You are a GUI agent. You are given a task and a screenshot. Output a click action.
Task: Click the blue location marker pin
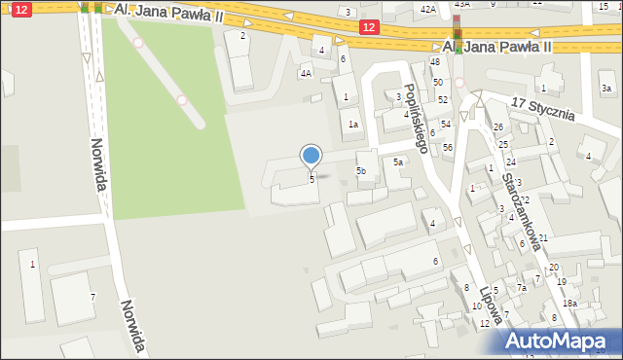(311, 156)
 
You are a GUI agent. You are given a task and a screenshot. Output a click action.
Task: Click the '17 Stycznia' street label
(544, 108)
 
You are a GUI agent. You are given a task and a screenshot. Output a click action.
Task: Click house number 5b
(361, 171)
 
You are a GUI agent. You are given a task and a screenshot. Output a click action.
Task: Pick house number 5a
(398, 162)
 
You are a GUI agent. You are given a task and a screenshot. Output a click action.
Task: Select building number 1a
(354, 125)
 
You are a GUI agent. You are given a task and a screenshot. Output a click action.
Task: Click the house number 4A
(306, 73)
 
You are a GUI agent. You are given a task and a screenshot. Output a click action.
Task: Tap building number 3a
(606, 89)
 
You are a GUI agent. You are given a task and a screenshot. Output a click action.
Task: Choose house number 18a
(569, 304)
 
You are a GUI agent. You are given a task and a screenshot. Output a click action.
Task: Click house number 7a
(522, 288)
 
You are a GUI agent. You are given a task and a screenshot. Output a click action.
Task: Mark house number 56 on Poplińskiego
(448, 147)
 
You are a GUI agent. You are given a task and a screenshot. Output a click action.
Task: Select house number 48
(435, 61)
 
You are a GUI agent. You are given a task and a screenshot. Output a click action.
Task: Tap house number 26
(497, 127)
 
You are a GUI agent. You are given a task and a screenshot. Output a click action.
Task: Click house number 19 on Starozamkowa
(562, 282)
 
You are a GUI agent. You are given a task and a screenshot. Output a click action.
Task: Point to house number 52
(443, 99)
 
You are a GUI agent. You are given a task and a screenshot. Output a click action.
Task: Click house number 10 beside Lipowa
(476, 306)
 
